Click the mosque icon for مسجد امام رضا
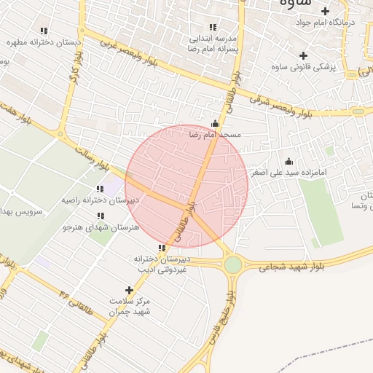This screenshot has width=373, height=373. tap(214, 124)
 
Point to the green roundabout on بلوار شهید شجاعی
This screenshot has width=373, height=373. tap(232, 265)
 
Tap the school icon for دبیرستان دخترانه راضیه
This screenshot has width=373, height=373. tap(100, 189)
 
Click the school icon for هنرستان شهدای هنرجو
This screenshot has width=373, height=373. tap(100, 216)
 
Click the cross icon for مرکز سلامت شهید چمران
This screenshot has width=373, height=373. tap(129, 290)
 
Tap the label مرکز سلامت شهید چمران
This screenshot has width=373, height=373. tap(129, 306)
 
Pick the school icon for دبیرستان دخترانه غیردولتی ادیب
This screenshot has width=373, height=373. tap(161, 248)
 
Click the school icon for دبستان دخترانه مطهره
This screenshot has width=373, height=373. tap(44, 31)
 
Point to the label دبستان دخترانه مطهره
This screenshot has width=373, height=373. tap(44, 42)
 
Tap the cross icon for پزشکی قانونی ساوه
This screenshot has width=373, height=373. tap(303, 56)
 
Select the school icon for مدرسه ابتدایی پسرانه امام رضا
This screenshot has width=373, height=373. tap(213, 28)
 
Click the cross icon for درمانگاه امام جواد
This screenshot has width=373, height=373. tap(326, 11)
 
